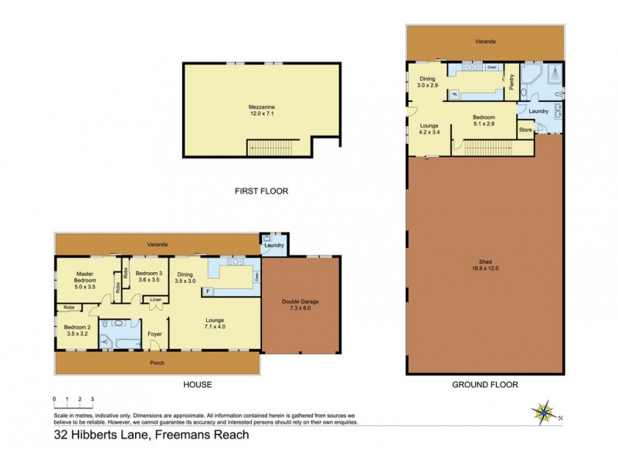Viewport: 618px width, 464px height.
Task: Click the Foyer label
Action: [154, 335]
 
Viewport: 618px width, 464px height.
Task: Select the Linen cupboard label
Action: [155, 299]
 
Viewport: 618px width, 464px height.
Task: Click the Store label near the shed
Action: [525, 130]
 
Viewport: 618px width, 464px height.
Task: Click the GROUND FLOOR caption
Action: [486, 384]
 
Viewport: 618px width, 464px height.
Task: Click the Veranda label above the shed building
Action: [485, 41]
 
